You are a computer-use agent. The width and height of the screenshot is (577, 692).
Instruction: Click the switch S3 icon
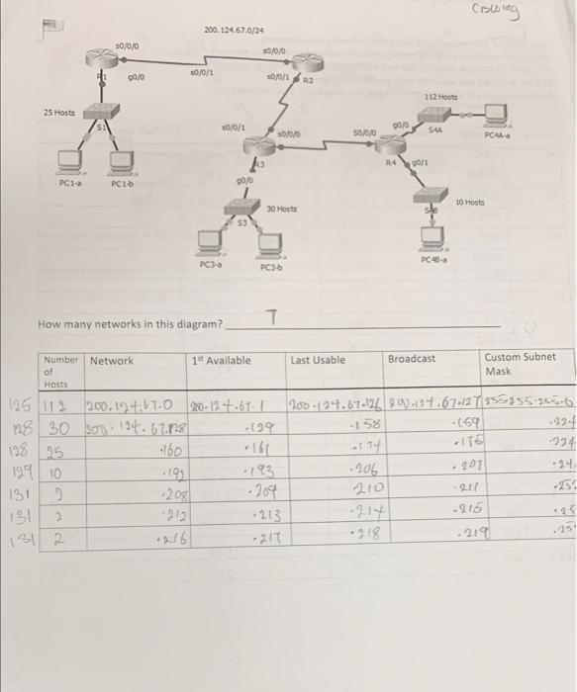[239, 206]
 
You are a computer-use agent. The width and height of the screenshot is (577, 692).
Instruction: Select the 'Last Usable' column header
[318, 360]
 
